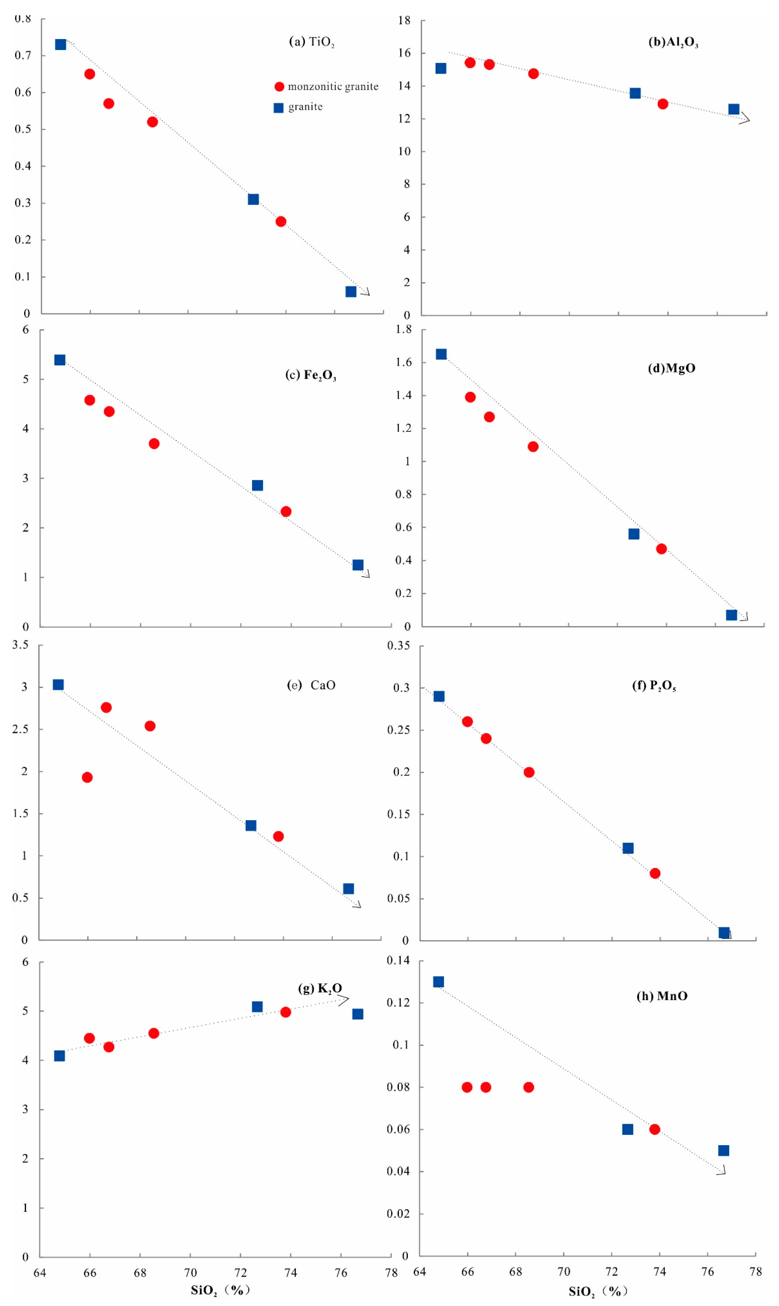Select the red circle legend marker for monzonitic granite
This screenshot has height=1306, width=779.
click(x=279, y=87)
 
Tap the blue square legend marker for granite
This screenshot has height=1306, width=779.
click(x=279, y=108)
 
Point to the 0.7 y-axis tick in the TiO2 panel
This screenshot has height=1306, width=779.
click(x=23, y=55)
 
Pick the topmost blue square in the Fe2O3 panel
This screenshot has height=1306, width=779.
click(x=60, y=360)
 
